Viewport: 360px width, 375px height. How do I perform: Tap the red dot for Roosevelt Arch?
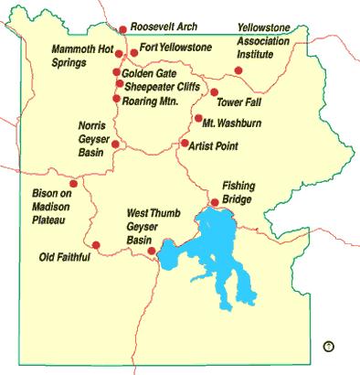(x=123, y=29)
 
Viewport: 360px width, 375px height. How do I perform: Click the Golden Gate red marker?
(x=117, y=71)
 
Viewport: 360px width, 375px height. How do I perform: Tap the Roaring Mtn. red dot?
(x=117, y=97)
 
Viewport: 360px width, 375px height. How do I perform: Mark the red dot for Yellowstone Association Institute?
(x=238, y=70)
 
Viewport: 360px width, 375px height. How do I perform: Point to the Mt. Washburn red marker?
(x=197, y=119)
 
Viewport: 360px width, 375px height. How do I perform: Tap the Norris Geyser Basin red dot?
(x=115, y=144)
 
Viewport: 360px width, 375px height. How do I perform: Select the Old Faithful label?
(x=65, y=257)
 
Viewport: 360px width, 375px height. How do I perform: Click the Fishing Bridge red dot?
(x=215, y=203)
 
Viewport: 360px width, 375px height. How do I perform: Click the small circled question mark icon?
(x=329, y=345)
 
